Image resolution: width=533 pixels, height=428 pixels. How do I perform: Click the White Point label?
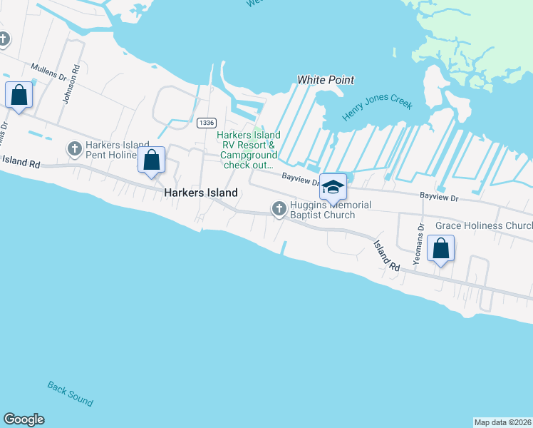326,80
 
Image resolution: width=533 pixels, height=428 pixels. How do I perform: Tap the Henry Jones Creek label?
377,106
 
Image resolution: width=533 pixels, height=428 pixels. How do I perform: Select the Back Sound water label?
70,393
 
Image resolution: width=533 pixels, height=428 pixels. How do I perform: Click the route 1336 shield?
207,123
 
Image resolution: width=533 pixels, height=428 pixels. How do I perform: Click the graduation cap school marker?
333,187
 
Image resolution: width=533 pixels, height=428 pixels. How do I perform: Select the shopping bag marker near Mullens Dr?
19,95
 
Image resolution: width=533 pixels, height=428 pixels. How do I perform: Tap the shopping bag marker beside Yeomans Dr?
441,249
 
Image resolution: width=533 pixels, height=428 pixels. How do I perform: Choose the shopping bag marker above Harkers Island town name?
152,160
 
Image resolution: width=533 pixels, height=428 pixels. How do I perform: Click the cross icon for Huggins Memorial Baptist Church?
279,208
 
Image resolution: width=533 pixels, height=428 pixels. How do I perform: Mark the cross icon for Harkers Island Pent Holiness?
74,149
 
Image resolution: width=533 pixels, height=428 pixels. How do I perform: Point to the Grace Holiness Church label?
484,225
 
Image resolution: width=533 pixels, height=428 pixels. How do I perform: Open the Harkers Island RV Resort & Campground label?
249,150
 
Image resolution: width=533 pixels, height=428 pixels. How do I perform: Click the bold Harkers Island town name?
201,193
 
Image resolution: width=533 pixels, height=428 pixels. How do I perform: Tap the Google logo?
24,419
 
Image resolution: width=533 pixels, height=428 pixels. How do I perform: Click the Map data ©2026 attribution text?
502,422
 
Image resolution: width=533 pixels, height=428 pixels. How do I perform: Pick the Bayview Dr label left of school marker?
299,178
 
